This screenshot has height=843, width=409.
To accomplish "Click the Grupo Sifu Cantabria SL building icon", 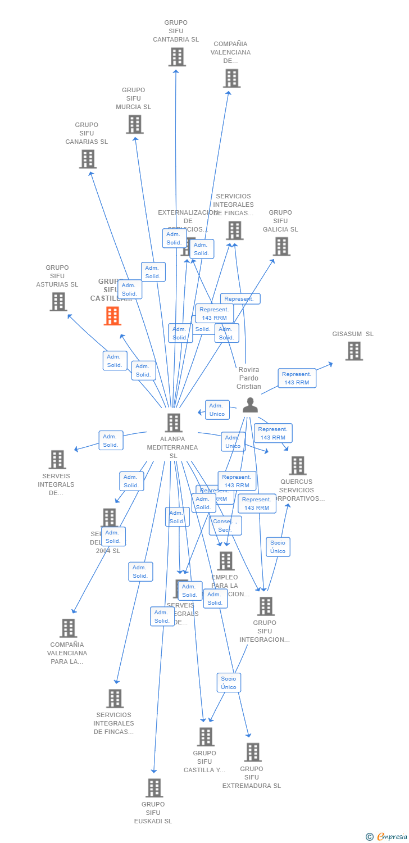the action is pos(177,57).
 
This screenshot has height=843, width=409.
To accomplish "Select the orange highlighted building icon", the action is pos(112,316).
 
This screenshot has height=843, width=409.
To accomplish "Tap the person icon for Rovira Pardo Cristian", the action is pos(250,405).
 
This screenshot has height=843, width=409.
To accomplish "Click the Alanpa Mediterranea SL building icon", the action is pos(174,423).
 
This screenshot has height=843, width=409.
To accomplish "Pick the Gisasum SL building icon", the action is pos(353,351).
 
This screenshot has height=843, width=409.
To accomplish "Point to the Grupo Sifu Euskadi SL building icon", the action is pos(154,788).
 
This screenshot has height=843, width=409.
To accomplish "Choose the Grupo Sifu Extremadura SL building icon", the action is pos(253,752).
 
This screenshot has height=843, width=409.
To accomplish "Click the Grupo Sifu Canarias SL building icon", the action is pos(88,159).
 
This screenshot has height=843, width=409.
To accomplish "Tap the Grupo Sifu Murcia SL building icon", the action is pos(135,124).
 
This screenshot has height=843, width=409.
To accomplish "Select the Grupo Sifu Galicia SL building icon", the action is pos(281,246).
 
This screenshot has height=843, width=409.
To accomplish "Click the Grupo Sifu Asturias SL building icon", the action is pos(58,302).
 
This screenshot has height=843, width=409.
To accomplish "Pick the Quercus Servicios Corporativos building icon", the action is pos(297,465).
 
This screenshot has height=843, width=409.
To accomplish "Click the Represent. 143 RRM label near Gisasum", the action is pos(297,378).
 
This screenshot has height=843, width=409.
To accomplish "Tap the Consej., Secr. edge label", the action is pos(225,526).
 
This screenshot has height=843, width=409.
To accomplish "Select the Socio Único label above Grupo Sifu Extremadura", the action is pos(229,683).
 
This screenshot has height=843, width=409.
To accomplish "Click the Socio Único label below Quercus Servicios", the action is pos(278,547).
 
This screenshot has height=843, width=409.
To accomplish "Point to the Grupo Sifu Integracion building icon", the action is pos(266,606).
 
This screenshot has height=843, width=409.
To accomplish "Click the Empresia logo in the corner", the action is pos(387,837).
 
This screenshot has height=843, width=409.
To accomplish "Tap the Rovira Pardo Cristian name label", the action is pos(249,378).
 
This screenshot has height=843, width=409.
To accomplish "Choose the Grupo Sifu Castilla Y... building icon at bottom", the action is pos(206,737).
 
